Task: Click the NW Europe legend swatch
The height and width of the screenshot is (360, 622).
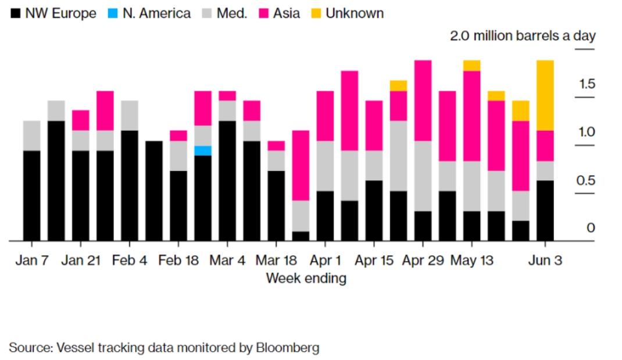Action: [15, 13]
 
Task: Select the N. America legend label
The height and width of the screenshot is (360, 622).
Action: [156, 13]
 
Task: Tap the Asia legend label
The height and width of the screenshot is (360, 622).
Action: [287, 13]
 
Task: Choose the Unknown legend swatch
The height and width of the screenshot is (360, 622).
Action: [316, 13]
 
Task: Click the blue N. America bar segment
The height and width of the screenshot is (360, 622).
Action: [203, 151]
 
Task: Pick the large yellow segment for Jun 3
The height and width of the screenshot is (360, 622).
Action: [545, 95]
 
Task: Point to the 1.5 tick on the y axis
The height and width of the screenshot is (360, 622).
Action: [587, 84]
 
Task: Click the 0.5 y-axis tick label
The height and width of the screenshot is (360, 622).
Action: [586, 180]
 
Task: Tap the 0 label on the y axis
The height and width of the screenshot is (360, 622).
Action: [591, 227]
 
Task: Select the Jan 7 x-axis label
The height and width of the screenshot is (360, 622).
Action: [32, 260]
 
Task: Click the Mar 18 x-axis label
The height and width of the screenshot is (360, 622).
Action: [276, 260]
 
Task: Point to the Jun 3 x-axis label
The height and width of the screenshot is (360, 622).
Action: [545, 260]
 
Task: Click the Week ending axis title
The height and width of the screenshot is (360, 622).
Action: [306, 278]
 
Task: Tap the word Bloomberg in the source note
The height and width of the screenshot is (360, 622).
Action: [287, 348]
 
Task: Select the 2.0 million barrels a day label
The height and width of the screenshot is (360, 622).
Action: [523, 36]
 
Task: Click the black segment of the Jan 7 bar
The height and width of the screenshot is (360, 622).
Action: [32, 195]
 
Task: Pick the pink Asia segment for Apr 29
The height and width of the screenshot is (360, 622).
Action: [423, 100]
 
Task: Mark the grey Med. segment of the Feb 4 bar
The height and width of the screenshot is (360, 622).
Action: [130, 115]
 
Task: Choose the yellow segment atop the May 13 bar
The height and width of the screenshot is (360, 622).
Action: [471, 65]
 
